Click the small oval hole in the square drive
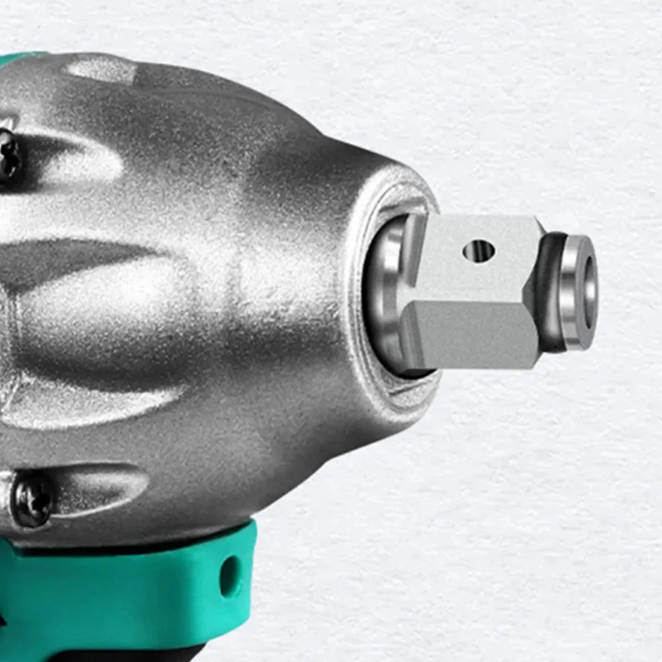479,250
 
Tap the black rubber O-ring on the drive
551,291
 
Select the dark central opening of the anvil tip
590,292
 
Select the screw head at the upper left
8,156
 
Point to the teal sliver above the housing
20,58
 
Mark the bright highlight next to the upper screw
73,159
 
